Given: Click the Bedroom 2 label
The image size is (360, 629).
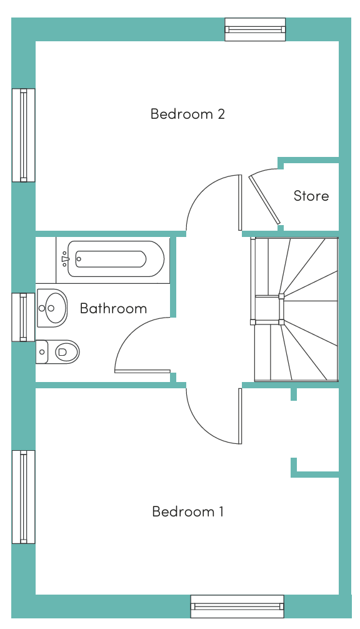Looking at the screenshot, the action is point(187,114).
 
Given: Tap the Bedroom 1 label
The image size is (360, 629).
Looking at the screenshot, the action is point(187,511).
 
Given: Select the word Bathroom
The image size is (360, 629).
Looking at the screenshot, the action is point(114,308).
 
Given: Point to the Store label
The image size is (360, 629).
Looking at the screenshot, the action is point(311,196).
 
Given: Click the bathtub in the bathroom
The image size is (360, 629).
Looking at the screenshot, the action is point(116,259).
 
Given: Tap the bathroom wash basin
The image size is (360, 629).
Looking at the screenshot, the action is point(52,308).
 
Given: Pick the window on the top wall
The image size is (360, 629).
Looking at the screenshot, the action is point(255,29).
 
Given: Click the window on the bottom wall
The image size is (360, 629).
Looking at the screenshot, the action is point(237,606).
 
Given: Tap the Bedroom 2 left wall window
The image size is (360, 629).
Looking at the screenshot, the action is point(24,135).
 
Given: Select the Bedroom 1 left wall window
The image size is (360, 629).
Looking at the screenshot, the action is point(24,497).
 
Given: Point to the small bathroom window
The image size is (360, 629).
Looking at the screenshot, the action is point(24,317).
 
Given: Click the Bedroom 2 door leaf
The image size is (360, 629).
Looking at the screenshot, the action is point(240,203).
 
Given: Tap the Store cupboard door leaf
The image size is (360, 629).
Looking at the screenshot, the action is point(264,199).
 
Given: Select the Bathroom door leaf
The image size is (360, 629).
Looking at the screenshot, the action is point(142,371).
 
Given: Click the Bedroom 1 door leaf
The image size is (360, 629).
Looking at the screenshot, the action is point(240,416).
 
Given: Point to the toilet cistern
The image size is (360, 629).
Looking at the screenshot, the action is point(42,352).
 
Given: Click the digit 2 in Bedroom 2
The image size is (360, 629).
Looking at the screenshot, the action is point(221,114).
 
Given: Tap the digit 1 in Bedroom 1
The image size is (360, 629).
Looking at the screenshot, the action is point(221,511).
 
